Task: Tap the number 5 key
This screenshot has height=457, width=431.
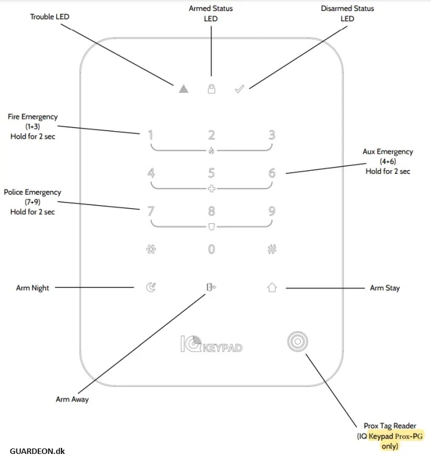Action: pyautogui.click(x=212, y=173)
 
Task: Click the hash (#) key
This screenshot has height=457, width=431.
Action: pyautogui.click(x=272, y=249)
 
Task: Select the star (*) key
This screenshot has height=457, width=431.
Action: pyautogui.click(x=151, y=249)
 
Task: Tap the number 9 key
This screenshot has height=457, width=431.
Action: pyautogui.click(x=272, y=212)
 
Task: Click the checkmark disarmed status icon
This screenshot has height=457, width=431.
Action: pyautogui.click(x=240, y=89)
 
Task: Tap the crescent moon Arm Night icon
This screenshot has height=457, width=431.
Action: pyautogui.click(x=151, y=287)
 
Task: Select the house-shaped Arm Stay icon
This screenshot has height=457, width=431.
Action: pyautogui.click(x=272, y=287)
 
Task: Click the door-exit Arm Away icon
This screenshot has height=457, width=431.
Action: pyautogui.click(x=212, y=287)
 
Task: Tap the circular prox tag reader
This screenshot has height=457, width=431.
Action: pyautogui.click(x=297, y=342)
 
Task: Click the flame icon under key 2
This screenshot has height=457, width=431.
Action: pyautogui.click(x=212, y=150)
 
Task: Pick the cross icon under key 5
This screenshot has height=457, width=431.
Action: pyautogui.click(x=212, y=188)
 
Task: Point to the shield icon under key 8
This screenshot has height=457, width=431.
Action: pyautogui.click(x=212, y=226)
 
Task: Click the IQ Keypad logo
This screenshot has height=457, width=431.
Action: pyautogui.click(x=212, y=345)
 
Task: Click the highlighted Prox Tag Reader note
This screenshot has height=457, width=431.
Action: pyautogui.click(x=390, y=437)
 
